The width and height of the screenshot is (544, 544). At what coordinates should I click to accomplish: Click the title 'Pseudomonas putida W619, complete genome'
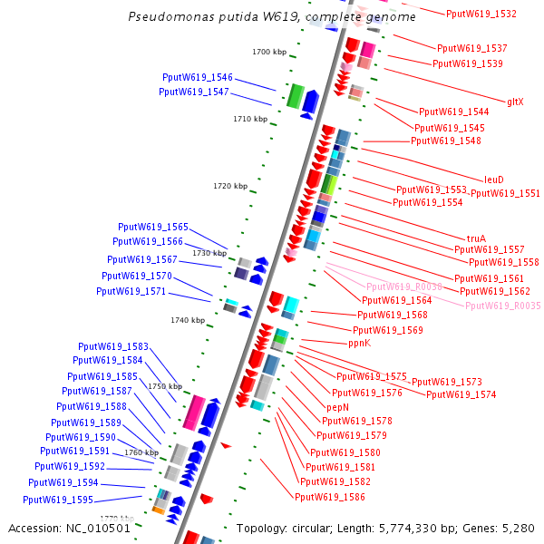pos(272,17)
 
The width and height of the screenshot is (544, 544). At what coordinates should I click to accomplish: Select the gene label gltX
pos(514,102)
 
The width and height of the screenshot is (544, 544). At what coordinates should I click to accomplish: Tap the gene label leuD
pos(494,180)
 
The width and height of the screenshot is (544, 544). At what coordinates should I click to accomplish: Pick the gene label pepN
pos(338,408)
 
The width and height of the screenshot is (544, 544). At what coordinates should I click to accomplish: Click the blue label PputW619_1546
pos(198,78)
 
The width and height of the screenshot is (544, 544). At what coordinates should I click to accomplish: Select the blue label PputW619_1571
pos(131,292)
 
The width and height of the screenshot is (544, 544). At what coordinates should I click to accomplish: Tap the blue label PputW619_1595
pos(58,500)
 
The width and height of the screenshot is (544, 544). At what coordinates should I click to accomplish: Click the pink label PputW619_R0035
pos(502,306)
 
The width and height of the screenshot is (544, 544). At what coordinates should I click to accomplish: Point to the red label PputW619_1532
pos(481,15)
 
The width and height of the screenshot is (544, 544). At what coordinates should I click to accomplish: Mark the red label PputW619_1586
pos(330,497)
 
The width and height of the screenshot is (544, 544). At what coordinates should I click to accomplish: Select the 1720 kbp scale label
pos(230,186)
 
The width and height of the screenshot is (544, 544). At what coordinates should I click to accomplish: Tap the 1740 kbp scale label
pos(188,320)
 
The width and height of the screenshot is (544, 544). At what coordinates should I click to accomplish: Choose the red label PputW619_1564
pos(396,300)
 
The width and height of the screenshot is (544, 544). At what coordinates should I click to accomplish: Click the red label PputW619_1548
pos(445,141)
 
